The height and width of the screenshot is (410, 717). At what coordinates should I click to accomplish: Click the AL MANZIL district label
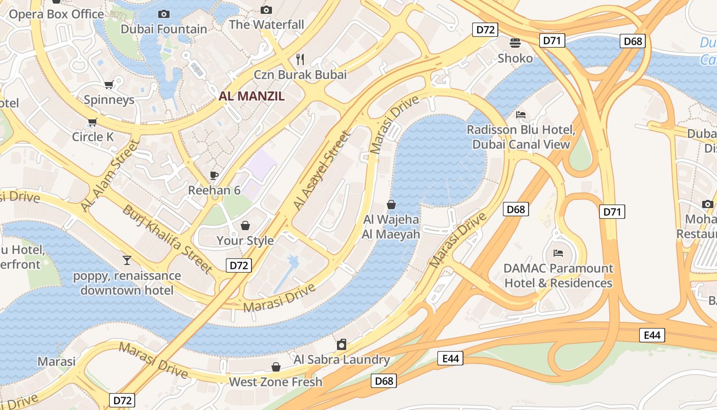point(251,96)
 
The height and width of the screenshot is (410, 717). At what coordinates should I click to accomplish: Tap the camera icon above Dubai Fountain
point(164,14)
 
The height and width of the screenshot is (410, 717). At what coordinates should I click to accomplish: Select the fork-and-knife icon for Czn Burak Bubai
point(300,59)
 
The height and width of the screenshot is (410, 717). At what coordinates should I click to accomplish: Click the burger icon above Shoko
point(515,43)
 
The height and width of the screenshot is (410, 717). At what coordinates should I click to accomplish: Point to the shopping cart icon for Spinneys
point(109,85)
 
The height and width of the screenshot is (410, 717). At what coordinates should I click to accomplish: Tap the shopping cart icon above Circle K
point(92,122)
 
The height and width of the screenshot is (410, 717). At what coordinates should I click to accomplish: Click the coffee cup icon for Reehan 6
point(214,175)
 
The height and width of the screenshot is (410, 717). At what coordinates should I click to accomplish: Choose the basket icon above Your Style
point(245,225)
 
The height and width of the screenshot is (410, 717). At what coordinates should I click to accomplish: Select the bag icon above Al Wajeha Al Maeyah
point(391,204)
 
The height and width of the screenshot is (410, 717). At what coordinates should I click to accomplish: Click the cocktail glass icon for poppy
point(127,260)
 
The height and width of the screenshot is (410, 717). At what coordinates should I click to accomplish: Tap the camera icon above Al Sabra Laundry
point(342,344)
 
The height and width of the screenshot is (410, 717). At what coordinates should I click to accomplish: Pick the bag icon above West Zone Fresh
point(276,367)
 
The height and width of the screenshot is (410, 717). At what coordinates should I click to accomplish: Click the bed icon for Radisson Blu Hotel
point(521,115)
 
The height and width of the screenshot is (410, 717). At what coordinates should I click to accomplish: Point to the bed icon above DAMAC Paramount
point(558,253)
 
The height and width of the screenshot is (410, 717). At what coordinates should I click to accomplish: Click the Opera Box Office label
point(56,14)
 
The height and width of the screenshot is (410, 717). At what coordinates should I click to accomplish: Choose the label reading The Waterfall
point(266,25)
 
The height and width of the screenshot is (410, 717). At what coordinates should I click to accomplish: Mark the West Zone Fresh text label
point(276,382)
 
